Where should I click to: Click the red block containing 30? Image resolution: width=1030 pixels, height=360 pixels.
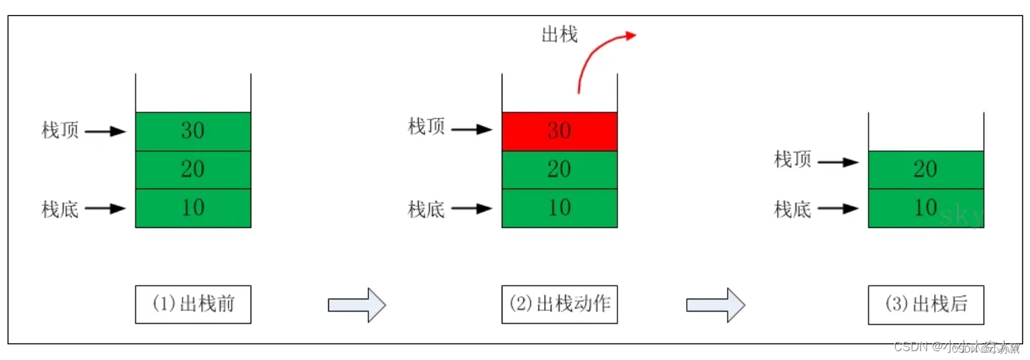pos(559,131)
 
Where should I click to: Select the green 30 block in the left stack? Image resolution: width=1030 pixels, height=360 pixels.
pos(193,131)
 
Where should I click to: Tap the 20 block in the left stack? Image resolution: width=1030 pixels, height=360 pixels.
pos(193,169)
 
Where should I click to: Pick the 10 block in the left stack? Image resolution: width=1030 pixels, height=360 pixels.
pos(193,208)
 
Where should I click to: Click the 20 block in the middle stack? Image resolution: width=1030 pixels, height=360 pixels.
pos(559,169)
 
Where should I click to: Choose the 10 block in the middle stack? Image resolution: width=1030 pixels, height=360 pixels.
pos(559,208)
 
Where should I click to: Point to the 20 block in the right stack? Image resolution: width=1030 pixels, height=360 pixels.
pos(925,169)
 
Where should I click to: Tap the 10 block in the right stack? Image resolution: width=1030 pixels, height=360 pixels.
pos(925,208)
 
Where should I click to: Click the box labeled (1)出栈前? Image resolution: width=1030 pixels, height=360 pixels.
pos(193,304)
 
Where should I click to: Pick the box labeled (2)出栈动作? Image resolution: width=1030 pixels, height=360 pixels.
pos(559,304)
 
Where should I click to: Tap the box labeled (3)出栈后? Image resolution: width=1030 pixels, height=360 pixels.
pos(925,304)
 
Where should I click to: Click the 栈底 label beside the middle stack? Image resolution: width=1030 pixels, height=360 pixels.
pos(426,209)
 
